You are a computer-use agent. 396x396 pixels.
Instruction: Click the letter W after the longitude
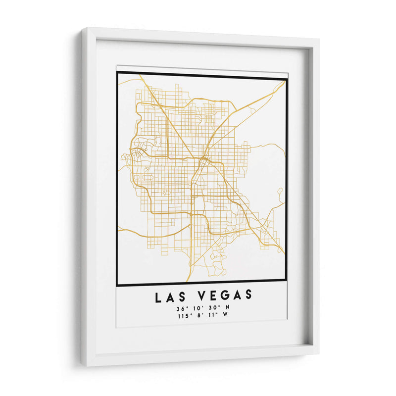coord(227,316)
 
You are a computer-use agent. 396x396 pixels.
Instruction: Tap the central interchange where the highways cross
coord(203,161)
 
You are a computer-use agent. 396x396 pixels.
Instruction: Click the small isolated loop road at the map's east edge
coord(280,192)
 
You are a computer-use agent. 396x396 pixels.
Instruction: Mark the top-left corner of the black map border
coord(117,73)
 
